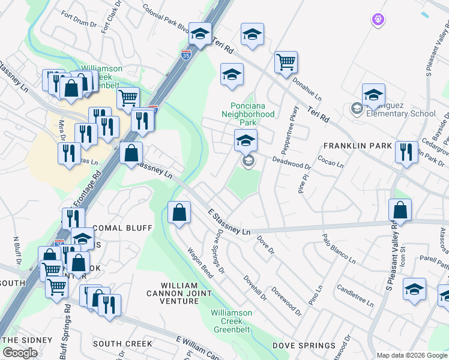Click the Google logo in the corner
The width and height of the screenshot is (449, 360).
[20, 353]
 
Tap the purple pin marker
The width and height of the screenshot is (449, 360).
[377, 20]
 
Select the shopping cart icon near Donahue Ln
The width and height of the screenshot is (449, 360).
[286, 61]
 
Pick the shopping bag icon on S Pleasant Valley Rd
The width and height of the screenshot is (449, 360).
[400, 210]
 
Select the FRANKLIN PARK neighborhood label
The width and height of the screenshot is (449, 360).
[357, 146]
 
